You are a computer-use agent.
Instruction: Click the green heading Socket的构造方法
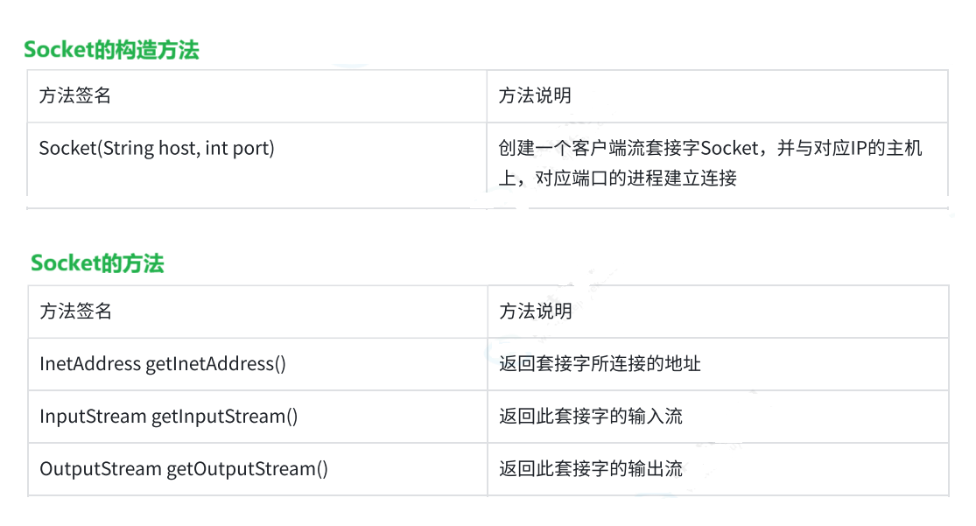pos(111,50)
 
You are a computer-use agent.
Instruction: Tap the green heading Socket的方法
pos(97,263)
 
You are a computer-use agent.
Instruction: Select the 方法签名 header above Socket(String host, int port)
pos(75,96)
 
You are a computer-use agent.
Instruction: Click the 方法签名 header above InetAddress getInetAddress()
pos(75,311)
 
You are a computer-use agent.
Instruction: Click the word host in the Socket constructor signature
pos(178,148)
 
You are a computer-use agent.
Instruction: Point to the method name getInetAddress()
pos(215,363)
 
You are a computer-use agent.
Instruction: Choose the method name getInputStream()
pos(225,417)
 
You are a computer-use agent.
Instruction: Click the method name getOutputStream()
pos(248,469)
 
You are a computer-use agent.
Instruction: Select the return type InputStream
pos(93,417)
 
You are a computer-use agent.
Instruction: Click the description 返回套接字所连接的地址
pos(600,363)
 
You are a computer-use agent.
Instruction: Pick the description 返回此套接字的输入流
pos(590,417)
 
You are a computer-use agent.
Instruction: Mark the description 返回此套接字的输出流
pos(590,469)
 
